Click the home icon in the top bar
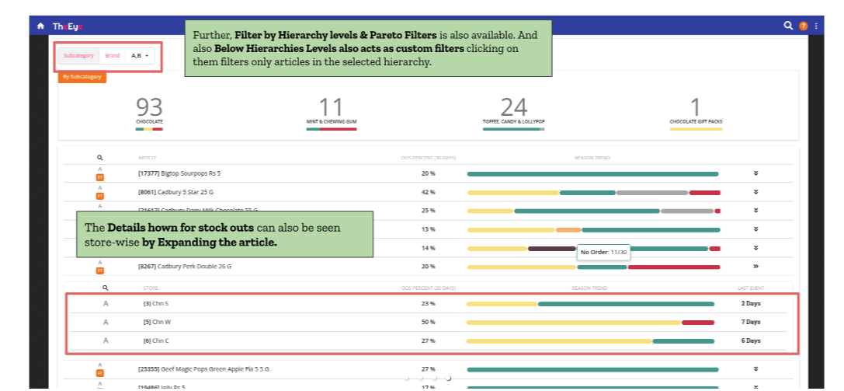[x=40, y=26]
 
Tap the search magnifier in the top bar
[x=788, y=26]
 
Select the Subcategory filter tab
[x=78, y=55]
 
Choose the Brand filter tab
[x=113, y=55]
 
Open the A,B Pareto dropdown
[x=140, y=55]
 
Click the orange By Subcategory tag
[x=82, y=77]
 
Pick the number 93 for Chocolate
[x=149, y=107]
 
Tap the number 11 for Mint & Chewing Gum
[x=331, y=107]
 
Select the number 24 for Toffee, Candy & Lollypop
[x=513, y=107]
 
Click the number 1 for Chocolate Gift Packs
[x=695, y=107]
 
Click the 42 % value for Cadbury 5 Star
[x=428, y=192]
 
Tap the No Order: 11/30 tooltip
[x=604, y=252]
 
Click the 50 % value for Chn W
[x=428, y=322]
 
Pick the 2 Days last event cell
[x=750, y=303]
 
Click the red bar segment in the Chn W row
[x=697, y=322]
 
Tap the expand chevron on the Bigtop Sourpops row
[x=755, y=173]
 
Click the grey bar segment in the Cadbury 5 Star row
[x=652, y=192]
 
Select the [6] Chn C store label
[x=156, y=340]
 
